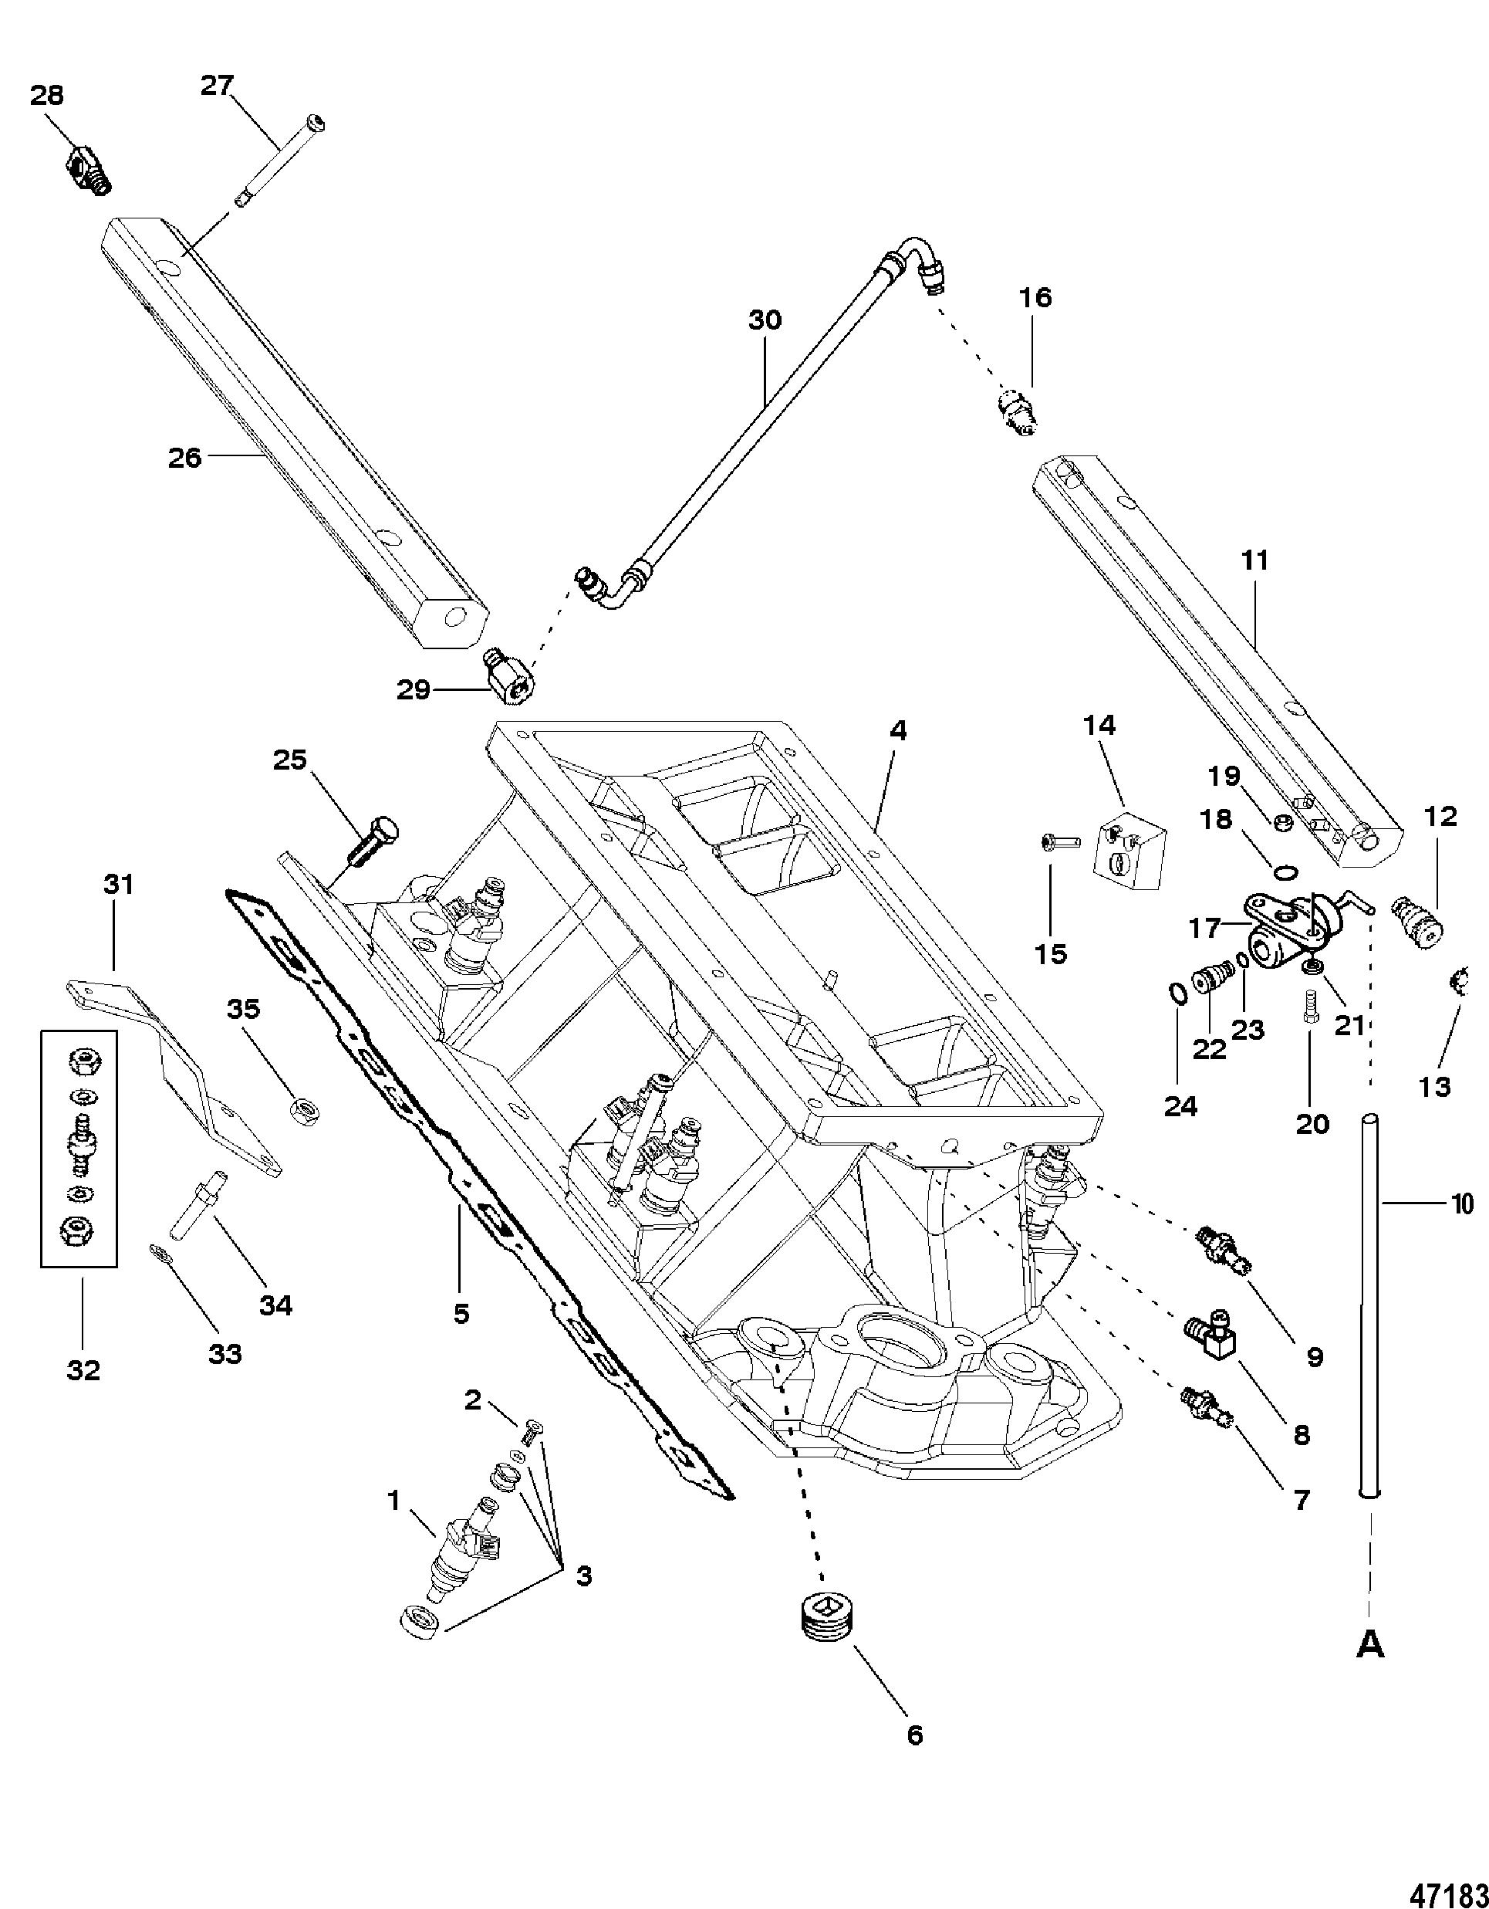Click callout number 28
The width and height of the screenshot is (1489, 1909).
coord(47,95)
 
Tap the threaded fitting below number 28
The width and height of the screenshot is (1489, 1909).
coord(91,168)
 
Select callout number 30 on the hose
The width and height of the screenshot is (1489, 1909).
coord(765,321)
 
